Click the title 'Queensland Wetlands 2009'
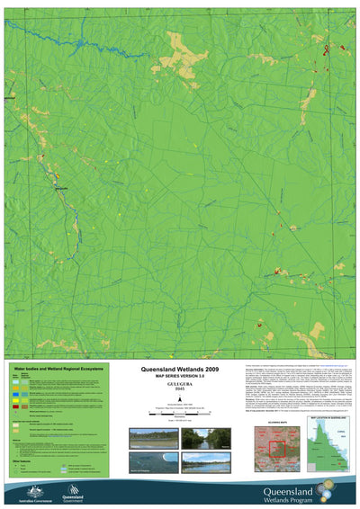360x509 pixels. tap(180, 370)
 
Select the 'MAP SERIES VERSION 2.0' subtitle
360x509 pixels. tap(180, 377)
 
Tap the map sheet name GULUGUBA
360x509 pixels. tap(180, 384)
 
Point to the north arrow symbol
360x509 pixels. tap(180, 397)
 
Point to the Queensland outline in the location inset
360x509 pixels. tap(328, 445)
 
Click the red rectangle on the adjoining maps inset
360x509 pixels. tap(278, 447)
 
